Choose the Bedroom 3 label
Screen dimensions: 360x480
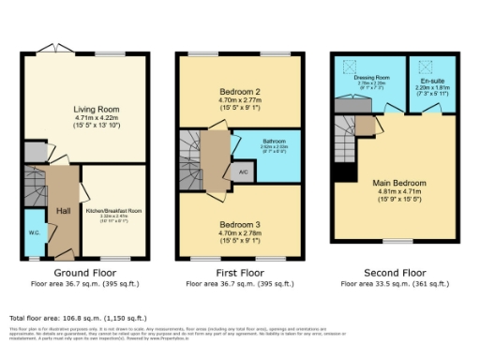coord(239,225)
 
